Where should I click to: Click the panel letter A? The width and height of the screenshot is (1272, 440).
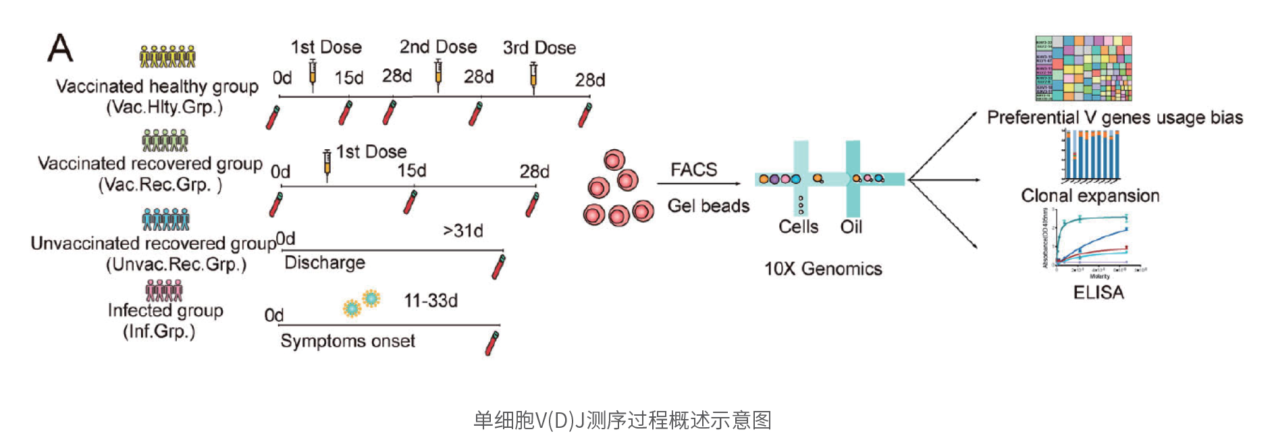click(60, 49)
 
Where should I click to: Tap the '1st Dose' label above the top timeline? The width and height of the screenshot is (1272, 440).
click(326, 47)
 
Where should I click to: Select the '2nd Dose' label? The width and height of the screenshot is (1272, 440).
click(438, 47)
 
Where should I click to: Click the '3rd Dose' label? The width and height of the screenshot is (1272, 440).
click(539, 48)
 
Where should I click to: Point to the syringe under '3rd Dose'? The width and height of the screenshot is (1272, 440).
click(533, 76)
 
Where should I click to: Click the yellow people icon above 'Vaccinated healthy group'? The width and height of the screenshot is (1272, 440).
click(167, 57)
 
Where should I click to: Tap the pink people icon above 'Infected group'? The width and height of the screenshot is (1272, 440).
click(164, 291)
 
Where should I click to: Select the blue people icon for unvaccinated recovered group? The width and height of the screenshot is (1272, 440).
click(165, 219)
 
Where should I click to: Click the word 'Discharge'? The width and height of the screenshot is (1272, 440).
click(325, 263)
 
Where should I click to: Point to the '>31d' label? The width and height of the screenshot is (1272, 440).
click(463, 231)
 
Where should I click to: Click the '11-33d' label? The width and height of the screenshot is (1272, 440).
click(431, 300)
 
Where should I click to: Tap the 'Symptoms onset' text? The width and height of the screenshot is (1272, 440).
click(348, 341)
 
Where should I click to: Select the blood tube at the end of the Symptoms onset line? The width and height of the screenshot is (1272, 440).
click(492, 343)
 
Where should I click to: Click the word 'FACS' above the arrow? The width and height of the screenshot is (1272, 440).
click(693, 169)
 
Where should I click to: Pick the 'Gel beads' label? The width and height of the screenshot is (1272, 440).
click(708, 206)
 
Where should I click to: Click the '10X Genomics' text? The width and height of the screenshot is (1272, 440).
click(823, 269)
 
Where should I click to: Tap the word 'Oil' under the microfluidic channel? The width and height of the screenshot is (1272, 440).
click(851, 227)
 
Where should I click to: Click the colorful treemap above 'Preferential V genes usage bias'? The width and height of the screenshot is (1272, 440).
click(1084, 69)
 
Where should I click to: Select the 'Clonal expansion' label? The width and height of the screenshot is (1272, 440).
click(1090, 196)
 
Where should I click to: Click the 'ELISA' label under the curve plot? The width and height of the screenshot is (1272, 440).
click(1098, 292)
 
